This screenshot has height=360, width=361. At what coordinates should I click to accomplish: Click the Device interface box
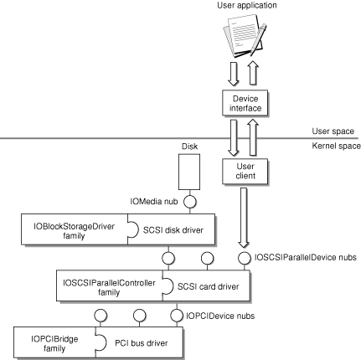click(245, 103)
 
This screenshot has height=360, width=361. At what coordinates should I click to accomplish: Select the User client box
click(245, 172)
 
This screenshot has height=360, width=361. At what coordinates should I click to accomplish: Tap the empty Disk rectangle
click(189, 172)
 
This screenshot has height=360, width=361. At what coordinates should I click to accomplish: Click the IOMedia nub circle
click(190, 202)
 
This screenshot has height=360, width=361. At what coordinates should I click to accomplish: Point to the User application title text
click(247, 5)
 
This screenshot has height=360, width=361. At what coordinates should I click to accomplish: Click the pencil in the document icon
click(259, 39)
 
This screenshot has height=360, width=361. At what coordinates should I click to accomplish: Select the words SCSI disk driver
click(173, 230)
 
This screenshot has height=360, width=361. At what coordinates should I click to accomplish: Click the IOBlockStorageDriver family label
click(74, 231)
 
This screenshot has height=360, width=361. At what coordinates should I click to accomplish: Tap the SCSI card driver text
click(209, 286)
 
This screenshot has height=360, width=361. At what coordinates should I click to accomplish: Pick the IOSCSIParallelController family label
click(109, 287)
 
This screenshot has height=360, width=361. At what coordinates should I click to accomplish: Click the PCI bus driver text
click(142, 343)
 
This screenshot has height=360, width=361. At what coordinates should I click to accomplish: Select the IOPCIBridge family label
click(54, 344)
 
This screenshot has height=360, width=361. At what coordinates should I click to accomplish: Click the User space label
click(333, 131)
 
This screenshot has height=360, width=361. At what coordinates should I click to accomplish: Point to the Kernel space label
click(336, 146)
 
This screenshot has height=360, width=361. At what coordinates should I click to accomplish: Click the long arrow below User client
click(244, 218)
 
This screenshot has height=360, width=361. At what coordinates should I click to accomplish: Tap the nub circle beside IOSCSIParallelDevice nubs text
click(245, 258)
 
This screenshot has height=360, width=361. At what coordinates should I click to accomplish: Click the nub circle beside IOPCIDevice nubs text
click(177, 316)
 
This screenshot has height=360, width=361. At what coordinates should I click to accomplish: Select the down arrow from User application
click(233, 74)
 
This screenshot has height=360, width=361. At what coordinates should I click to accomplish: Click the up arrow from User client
click(253, 137)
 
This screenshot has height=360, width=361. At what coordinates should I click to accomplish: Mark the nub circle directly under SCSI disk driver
click(168, 258)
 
